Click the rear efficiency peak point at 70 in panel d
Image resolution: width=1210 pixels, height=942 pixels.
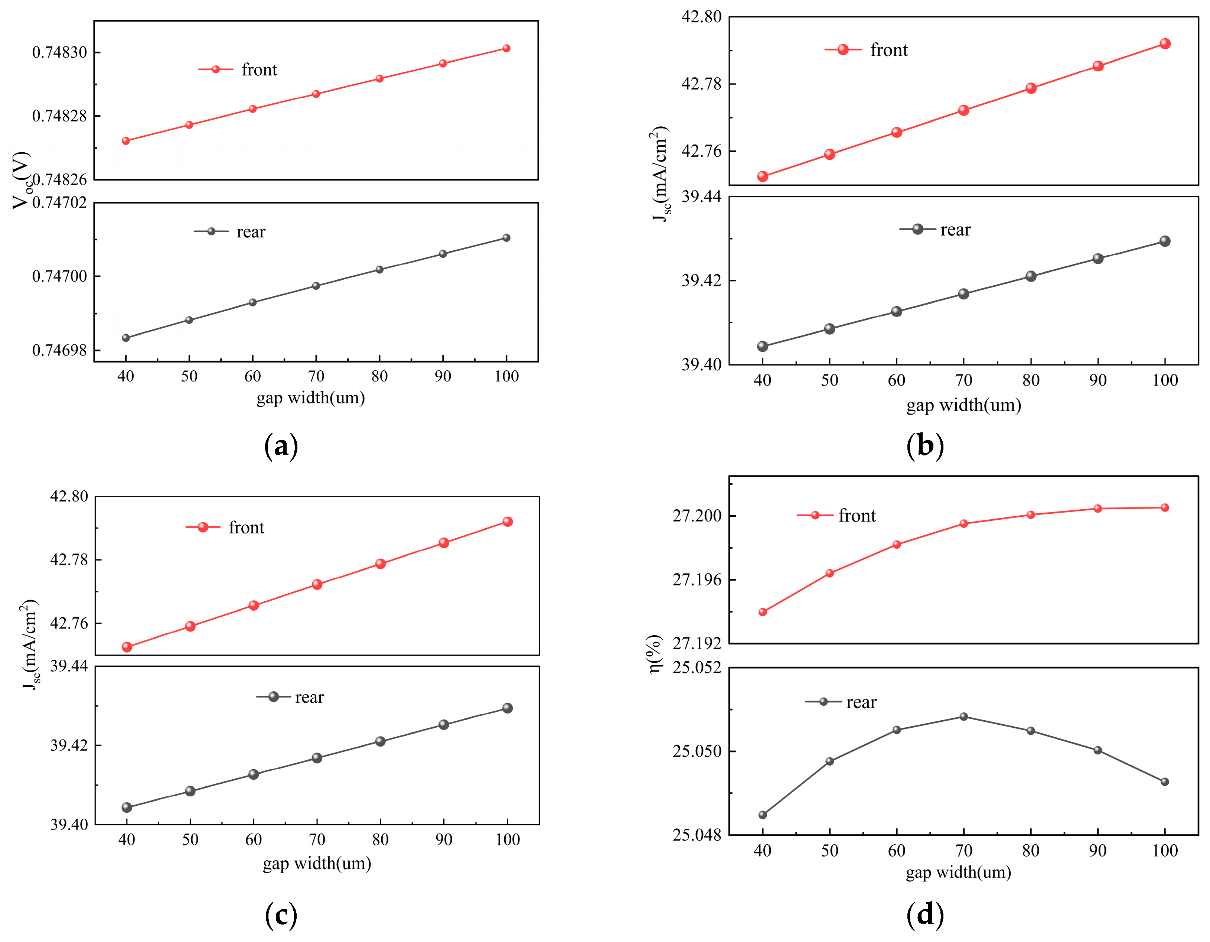(x=963, y=716)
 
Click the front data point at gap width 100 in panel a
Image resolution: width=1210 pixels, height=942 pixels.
(x=506, y=48)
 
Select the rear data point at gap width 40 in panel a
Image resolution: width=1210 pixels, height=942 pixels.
(x=126, y=338)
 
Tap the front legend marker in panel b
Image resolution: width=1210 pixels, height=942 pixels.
(x=843, y=50)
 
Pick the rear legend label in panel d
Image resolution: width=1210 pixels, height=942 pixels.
(x=861, y=702)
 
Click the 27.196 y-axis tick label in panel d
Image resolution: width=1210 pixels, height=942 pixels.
(x=697, y=580)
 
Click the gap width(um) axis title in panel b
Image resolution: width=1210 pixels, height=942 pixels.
(x=963, y=405)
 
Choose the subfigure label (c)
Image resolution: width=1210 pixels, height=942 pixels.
(x=281, y=915)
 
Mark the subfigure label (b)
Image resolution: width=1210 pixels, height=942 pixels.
(x=925, y=445)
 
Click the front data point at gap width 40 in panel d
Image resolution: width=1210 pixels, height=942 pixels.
(x=762, y=612)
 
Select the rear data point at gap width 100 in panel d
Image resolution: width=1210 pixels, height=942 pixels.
(x=1165, y=782)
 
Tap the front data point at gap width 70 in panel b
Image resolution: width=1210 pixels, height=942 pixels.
(x=963, y=110)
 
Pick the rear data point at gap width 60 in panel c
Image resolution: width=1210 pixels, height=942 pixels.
(x=253, y=774)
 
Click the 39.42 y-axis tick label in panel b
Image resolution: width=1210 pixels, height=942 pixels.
(x=701, y=280)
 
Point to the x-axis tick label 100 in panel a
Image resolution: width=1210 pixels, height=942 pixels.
(x=506, y=377)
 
